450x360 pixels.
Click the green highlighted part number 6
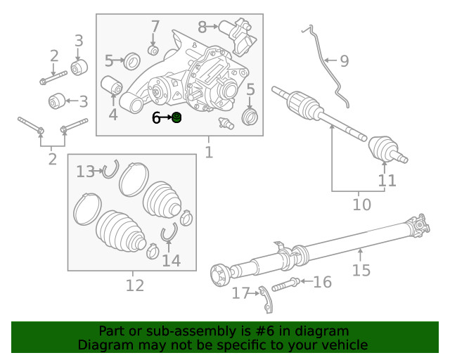(177, 117)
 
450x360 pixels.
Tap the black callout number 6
(157, 118)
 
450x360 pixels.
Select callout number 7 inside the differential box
(155, 27)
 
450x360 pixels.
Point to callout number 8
(202, 27)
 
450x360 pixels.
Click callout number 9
(344, 61)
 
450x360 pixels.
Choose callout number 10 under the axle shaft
(361, 205)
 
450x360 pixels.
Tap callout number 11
(387, 181)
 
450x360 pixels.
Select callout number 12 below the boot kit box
(134, 285)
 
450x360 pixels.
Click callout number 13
(85, 171)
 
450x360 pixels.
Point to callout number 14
(171, 261)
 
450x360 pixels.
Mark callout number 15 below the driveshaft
(361, 271)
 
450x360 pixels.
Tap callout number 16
(322, 283)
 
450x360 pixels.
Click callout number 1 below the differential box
(208, 152)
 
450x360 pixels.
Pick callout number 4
(112, 115)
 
